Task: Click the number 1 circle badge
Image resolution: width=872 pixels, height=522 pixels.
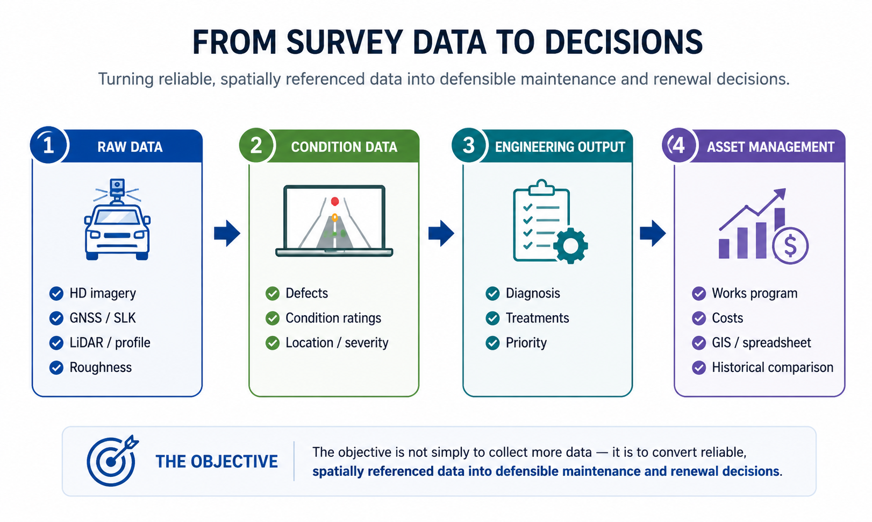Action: pos(49,145)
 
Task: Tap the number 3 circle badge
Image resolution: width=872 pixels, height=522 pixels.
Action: pos(469,145)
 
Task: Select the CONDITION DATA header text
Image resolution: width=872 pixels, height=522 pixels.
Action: pos(344,147)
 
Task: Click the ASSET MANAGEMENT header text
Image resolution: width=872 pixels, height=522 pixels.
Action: pos(771,147)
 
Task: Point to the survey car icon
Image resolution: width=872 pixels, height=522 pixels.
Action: pos(117,220)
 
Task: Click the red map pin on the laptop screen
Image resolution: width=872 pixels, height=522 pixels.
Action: pos(335,201)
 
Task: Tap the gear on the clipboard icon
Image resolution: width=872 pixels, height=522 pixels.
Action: pos(570,246)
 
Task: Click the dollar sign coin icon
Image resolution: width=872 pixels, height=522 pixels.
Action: pos(790,246)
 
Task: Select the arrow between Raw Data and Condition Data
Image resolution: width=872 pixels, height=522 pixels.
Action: pos(227,234)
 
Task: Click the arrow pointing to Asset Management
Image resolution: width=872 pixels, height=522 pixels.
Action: pos(653,234)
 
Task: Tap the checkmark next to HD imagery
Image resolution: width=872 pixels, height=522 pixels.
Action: pos(56,293)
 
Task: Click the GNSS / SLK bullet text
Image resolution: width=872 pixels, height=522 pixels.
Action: pos(103,318)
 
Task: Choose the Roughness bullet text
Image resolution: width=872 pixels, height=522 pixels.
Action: pos(101,368)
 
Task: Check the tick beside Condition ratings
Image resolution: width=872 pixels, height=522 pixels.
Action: pos(273,318)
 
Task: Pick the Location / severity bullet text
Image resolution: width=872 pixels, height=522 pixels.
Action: pos(337,343)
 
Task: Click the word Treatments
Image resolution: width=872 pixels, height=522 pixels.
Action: pos(538,318)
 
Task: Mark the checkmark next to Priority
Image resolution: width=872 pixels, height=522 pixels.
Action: pos(493,343)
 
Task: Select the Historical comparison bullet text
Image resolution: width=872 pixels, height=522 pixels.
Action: pos(773,368)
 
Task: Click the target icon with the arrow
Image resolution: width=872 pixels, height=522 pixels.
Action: pos(112,461)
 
